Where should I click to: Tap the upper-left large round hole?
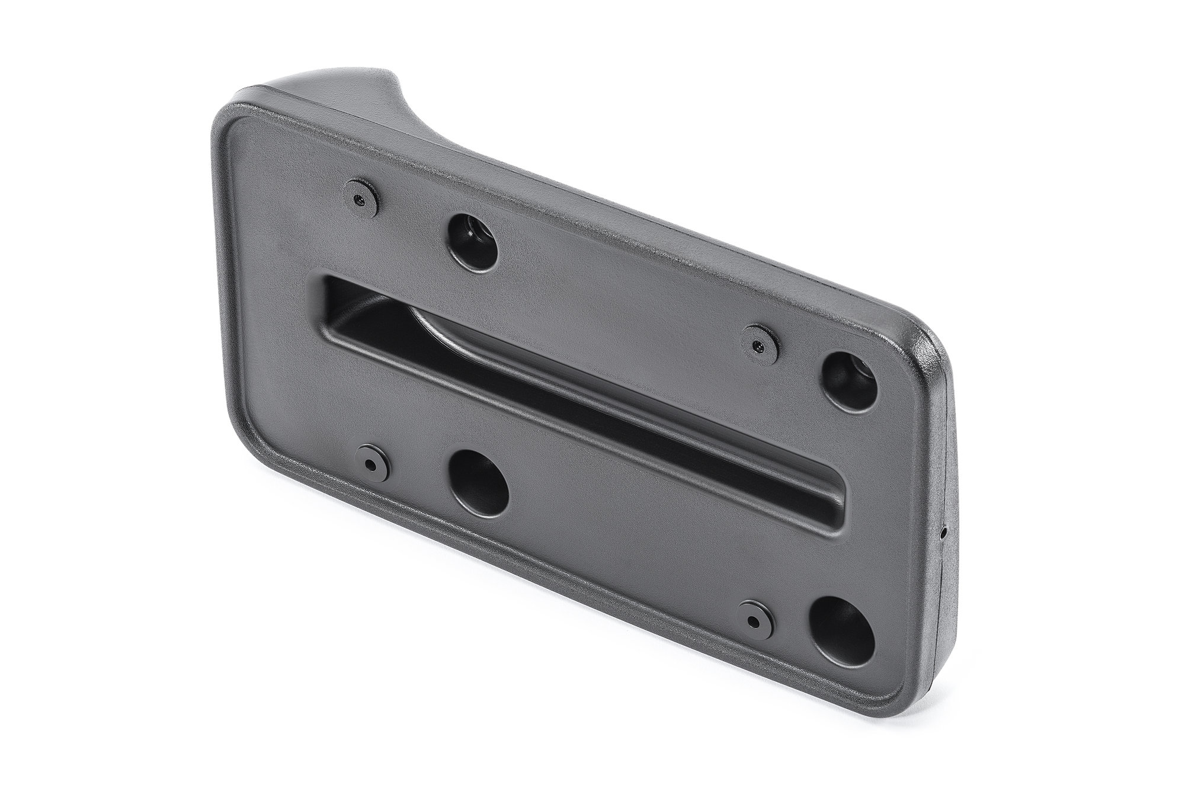click(x=472, y=239)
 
